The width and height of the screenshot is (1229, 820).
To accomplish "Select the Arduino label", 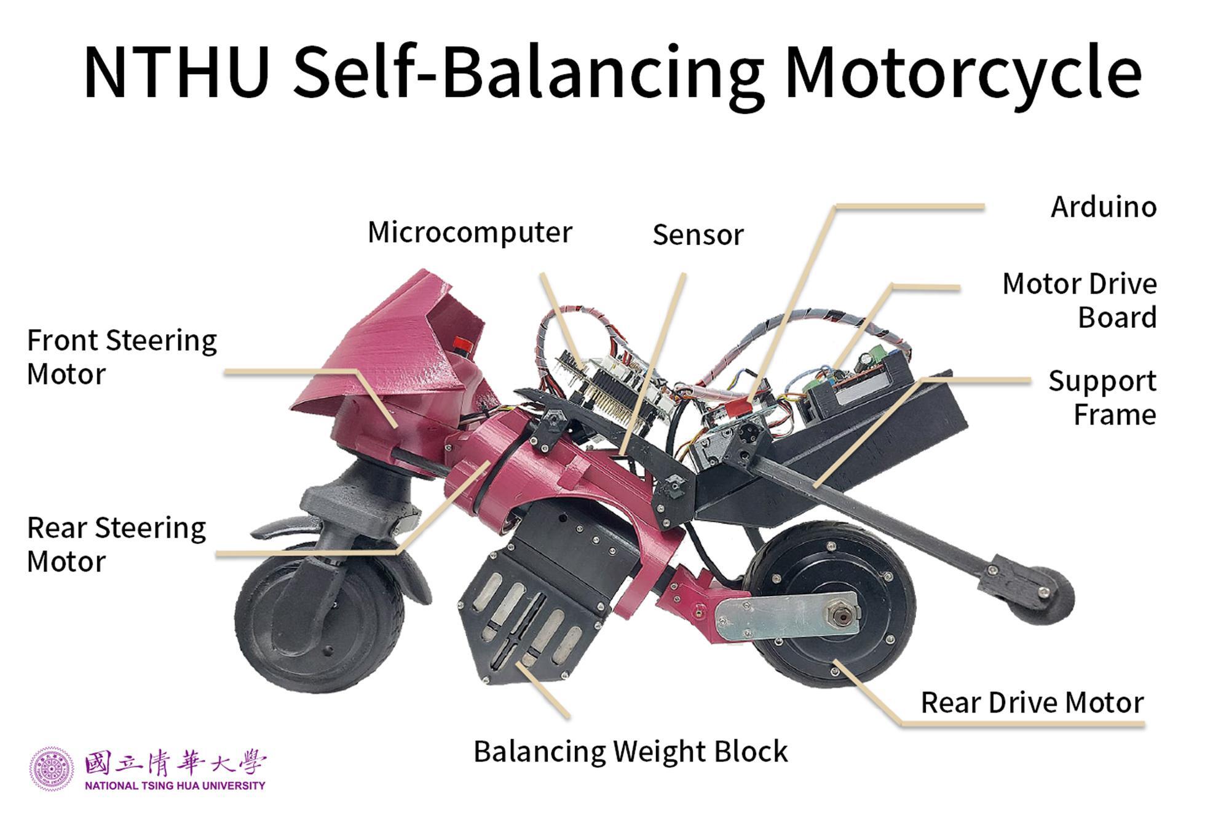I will (1104, 207).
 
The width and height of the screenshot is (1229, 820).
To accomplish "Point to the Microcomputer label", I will (470, 233).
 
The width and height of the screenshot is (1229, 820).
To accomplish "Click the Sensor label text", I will (698, 235).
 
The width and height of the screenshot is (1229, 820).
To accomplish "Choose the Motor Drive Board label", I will (1080, 301).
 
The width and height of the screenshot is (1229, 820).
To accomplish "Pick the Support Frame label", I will (1102, 397).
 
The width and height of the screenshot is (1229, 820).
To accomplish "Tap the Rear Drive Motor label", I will (1032, 703).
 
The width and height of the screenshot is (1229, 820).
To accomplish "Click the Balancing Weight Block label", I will (630, 752).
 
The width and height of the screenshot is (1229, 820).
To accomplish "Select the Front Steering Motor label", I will (122, 357).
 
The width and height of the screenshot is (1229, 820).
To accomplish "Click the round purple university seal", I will (52, 769).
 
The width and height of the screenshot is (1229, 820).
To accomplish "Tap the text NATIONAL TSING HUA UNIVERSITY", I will (175, 786).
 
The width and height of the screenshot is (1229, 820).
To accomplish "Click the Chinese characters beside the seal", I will (175, 763).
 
